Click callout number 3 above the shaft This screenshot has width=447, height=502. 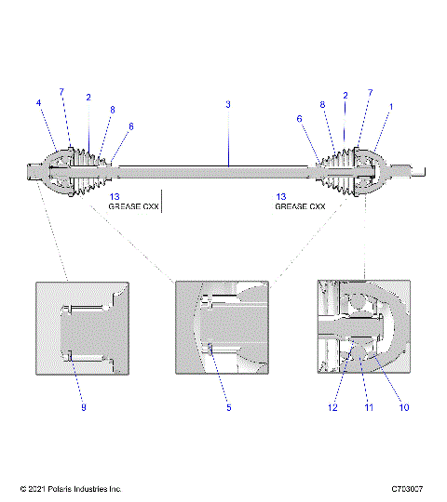coord(228,105)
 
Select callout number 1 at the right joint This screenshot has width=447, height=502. coord(391,107)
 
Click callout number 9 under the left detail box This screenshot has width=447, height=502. coord(83,406)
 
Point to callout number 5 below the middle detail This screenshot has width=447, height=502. coord(228,406)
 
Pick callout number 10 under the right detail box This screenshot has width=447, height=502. coord(403,406)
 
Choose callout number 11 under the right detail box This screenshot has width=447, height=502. coord(367,406)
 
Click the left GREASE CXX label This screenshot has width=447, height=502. coord(134,206)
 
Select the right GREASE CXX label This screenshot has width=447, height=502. coord(299,206)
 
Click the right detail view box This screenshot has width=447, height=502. coord(362,324)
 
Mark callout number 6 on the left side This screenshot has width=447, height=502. coord(131,125)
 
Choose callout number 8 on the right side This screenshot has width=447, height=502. coord(323,105)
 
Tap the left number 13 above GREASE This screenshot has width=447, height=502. coord(114,196)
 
